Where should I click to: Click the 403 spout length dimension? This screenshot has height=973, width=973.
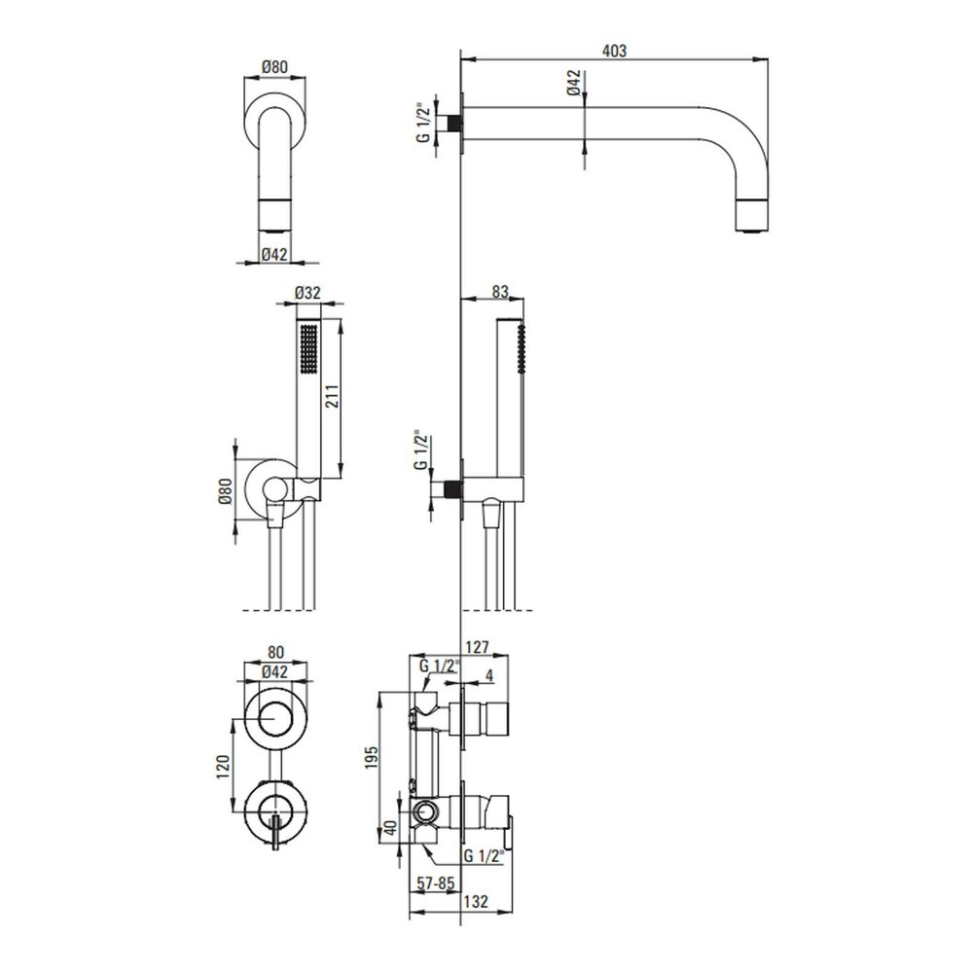tap(614, 51)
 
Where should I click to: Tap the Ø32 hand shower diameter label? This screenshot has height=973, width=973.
tap(307, 292)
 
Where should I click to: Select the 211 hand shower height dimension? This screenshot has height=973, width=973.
tap(332, 397)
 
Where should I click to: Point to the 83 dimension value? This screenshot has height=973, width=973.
tap(499, 291)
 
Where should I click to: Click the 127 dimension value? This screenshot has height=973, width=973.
tap(477, 647)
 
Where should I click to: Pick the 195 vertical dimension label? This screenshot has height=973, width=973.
tap(371, 758)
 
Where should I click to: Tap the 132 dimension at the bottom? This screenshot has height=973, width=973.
tap(476, 901)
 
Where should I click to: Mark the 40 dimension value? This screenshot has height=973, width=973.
tap(390, 828)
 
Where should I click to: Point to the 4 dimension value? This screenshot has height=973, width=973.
tap(489, 676)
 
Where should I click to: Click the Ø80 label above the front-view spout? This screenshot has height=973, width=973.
tap(275, 66)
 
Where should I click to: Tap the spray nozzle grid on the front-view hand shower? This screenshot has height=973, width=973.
tap(307, 349)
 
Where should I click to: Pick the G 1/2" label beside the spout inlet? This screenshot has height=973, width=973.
tap(423, 123)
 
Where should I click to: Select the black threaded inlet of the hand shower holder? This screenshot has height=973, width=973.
tap(454, 489)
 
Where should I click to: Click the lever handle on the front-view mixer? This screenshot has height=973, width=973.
tap(276, 833)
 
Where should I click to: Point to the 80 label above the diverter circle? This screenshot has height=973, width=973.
tap(276, 652)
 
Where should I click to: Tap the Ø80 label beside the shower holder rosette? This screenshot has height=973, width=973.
tap(226, 491)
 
